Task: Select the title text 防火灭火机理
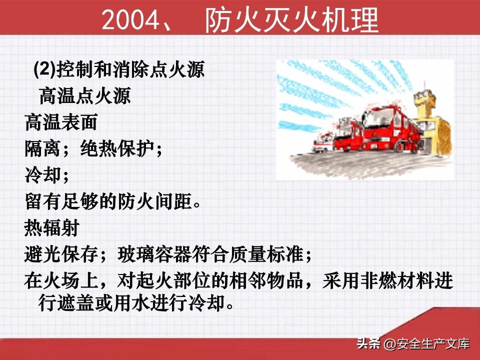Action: coord(291,20)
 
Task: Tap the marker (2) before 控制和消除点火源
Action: coord(44,69)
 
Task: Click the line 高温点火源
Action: coord(85,96)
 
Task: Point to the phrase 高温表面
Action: coord(61,122)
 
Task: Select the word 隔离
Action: coord(42,149)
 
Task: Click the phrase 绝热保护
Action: coord(117,149)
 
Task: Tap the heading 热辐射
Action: coord(51,228)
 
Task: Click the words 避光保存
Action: coord(61,254)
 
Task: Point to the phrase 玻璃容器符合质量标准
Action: coord(210,254)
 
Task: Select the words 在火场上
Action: coord(61,280)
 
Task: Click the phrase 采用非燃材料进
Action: coord(387,280)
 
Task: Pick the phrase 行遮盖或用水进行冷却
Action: coord(131,303)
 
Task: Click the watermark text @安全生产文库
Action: coord(426,344)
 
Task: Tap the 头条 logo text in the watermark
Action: coord(368,343)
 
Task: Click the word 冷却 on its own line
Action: coord(42,175)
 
